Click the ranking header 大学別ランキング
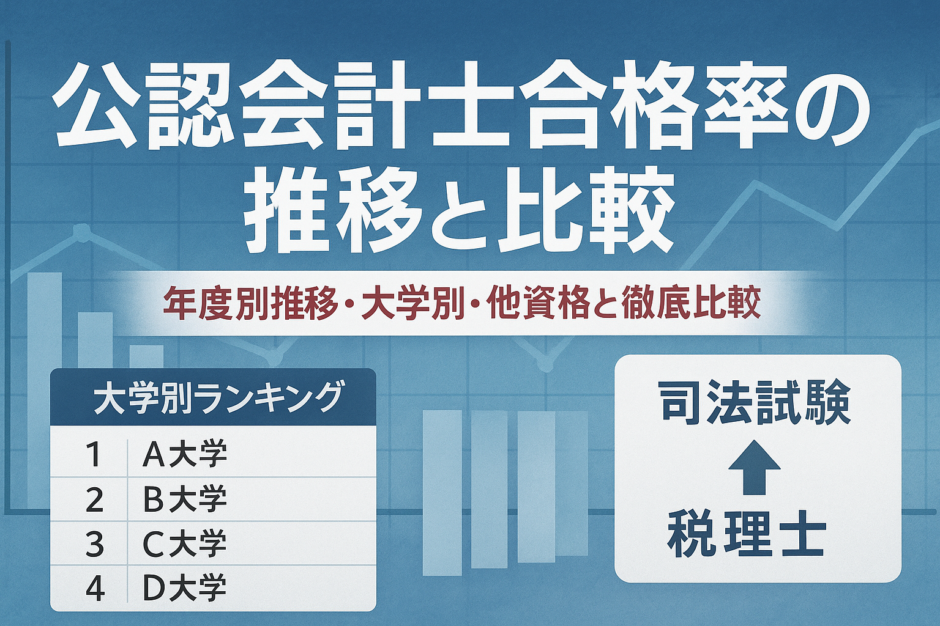(x=217, y=397)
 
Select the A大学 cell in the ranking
(x=184, y=454)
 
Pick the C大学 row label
(x=184, y=544)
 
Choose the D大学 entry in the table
(x=184, y=588)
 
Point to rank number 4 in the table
(x=94, y=589)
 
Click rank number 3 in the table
(x=94, y=544)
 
